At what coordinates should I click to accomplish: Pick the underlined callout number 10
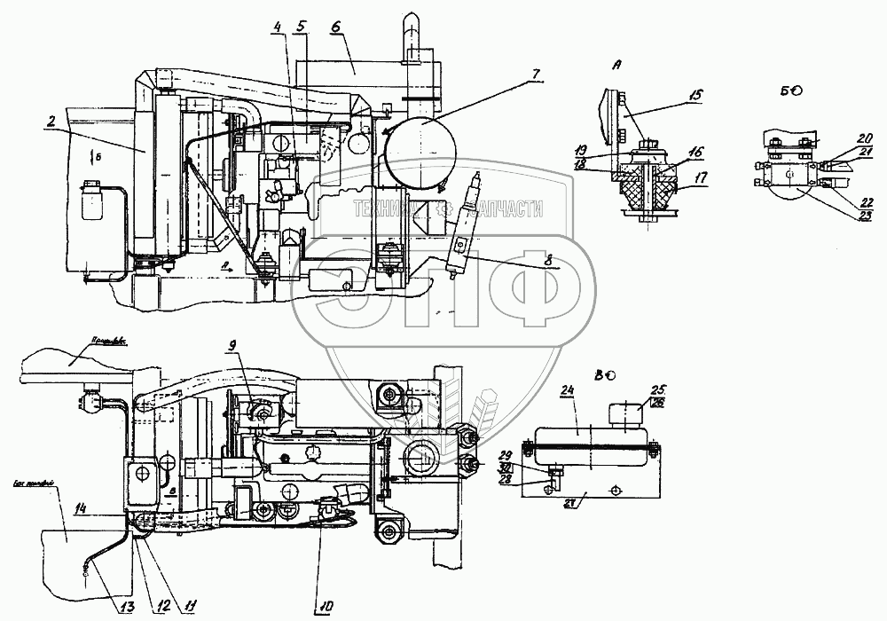click(x=323, y=607)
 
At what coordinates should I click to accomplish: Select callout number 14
click(x=81, y=509)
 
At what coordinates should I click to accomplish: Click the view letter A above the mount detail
click(x=616, y=65)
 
